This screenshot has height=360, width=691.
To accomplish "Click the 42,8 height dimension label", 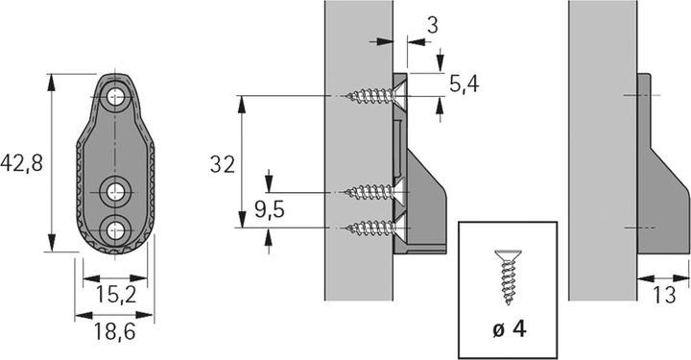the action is (21, 163).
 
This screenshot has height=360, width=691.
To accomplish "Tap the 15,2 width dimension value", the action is (116, 295).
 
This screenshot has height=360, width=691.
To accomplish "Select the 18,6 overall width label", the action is (114, 331).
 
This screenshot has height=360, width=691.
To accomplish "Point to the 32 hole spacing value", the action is (223, 164).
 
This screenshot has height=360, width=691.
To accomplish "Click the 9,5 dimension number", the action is (270, 209).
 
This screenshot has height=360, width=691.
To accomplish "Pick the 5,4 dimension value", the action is (465, 84).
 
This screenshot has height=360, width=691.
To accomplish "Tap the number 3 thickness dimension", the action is (433, 25).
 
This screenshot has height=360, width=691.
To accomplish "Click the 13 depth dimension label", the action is (664, 295).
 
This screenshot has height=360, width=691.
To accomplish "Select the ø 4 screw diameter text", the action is (510, 328).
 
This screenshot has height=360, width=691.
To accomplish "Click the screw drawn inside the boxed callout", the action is (509, 277).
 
